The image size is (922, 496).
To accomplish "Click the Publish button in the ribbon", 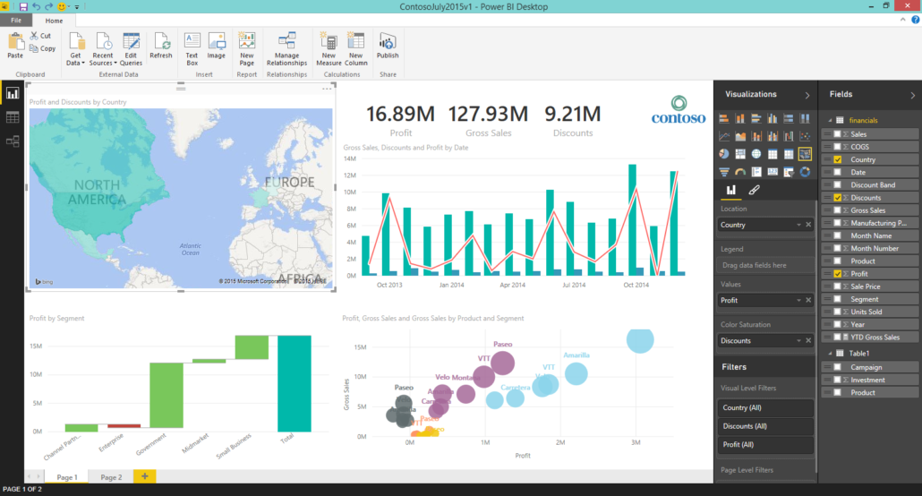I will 388,47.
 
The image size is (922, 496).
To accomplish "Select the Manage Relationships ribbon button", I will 286,47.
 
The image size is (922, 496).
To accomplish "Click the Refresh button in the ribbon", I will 161,47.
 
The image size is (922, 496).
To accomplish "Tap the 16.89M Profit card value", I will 400,114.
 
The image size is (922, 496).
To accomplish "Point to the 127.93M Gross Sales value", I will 488,114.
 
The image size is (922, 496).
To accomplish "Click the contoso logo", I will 678,109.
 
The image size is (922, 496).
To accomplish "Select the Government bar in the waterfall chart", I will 166,395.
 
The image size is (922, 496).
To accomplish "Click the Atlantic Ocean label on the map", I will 190,249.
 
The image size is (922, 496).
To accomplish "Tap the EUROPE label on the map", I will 289,182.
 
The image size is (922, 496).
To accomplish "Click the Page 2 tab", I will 111,477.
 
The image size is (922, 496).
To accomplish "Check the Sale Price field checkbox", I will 837,286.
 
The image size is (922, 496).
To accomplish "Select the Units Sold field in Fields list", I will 867,312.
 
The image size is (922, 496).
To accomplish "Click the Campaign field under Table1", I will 867,367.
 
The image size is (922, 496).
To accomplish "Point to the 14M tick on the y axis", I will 350,158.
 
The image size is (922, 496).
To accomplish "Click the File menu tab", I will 16,20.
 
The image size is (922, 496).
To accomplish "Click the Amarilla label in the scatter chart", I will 576,355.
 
